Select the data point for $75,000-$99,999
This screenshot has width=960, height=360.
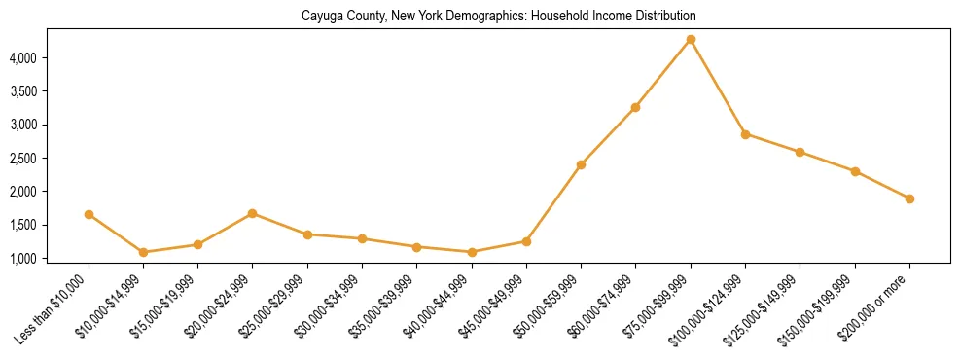(691, 39)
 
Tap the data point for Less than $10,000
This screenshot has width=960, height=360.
(89, 214)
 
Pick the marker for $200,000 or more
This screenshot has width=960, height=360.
(909, 198)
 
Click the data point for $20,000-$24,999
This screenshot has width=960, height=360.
(253, 213)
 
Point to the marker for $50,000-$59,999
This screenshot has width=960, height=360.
(581, 164)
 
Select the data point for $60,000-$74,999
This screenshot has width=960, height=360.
(635, 107)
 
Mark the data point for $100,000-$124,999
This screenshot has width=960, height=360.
(745, 134)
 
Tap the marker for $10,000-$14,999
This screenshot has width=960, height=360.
(143, 252)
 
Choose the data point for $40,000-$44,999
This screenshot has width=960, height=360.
(472, 252)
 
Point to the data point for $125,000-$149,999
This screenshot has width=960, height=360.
(800, 152)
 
